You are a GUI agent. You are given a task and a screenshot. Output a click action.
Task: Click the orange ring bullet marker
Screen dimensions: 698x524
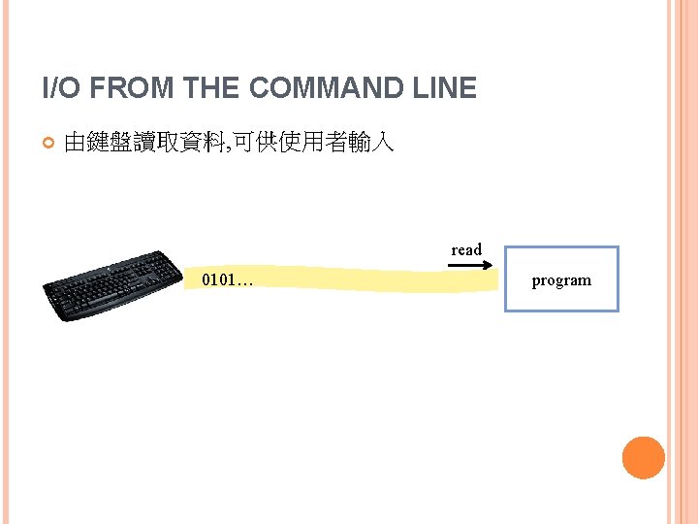[x=48, y=144]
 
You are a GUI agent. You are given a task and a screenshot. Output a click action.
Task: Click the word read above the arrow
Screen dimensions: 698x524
[x=465, y=250]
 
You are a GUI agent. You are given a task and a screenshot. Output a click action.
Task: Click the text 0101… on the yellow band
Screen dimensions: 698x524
[x=227, y=281]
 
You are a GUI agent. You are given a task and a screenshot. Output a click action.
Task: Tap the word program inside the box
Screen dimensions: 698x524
[x=561, y=280]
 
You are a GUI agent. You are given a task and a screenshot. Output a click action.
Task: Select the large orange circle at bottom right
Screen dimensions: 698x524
[x=643, y=458]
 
